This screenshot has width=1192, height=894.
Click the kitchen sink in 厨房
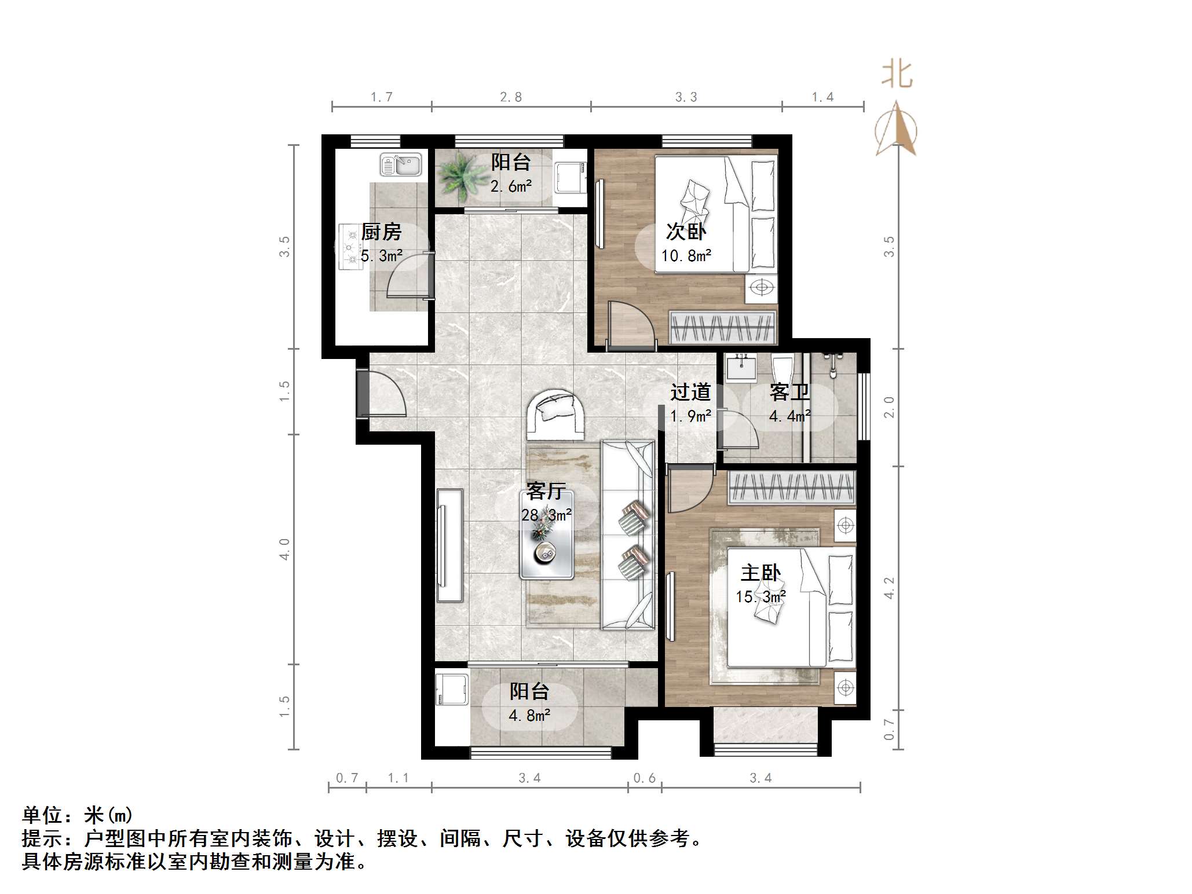400,164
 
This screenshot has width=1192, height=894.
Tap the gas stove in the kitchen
350,247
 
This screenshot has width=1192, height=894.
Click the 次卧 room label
686,232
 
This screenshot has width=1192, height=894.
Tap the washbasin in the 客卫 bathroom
741,368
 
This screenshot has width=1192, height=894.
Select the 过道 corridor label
690,393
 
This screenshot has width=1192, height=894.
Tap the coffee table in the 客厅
546,536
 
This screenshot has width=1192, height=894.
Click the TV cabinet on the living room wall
449,545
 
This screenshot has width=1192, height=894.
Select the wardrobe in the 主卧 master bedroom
791,487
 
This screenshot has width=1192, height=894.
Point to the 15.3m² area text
760,596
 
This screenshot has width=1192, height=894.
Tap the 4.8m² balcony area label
529,716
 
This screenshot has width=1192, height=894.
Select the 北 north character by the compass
897,75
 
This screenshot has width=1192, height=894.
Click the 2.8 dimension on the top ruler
511,97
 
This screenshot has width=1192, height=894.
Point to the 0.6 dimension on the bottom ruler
644,778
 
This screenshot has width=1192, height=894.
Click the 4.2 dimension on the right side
889,588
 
